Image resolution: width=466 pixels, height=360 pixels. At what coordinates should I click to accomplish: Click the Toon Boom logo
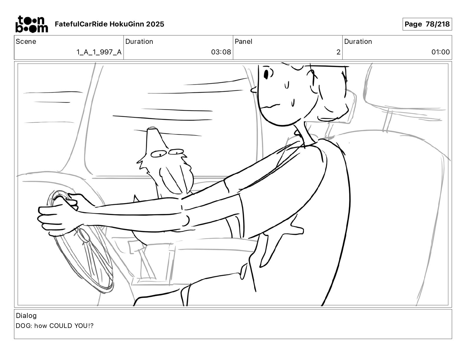click(32, 24)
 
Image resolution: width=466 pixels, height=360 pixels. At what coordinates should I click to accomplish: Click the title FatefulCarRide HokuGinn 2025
click(109, 24)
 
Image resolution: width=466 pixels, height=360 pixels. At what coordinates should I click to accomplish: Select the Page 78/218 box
click(427, 24)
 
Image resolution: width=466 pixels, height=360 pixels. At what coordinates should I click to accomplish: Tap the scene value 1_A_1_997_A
click(99, 52)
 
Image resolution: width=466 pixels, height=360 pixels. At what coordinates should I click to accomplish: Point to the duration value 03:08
click(221, 52)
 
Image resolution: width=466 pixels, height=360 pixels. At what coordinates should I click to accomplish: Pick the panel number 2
click(338, 52)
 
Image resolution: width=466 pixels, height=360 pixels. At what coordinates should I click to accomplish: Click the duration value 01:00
click(440, 52)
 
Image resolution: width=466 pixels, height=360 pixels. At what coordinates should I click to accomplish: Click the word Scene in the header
click(26, 41)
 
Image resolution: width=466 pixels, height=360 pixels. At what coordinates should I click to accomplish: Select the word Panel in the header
click(243, 41)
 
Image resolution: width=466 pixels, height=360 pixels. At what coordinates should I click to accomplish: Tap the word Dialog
click(26, 315)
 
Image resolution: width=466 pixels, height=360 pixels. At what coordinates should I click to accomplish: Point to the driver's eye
click(267, 74)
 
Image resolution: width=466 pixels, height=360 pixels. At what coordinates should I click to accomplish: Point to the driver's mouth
click(271, 106)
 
